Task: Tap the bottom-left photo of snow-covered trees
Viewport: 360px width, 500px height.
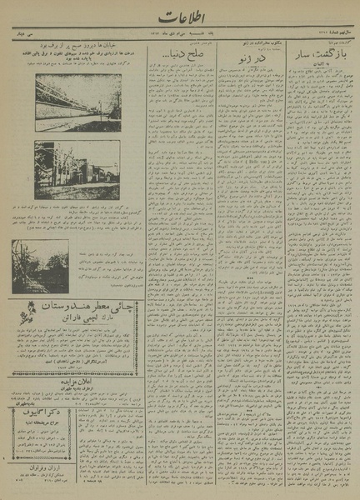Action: click(x=40, y=267)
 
